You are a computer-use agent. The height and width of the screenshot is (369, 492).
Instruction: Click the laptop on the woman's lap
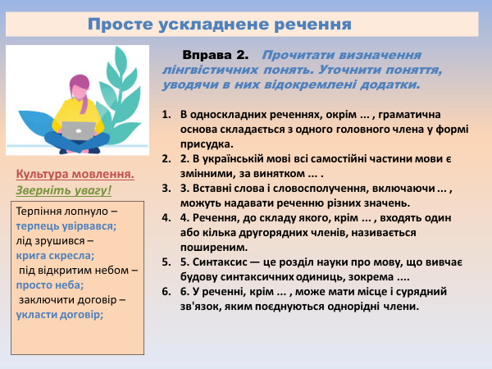pyautogui.click(x=79, y=130)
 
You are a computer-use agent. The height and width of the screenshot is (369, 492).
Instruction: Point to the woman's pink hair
pyautogui.click(x=80, y=87)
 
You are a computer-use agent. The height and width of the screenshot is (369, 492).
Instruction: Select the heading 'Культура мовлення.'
pyautogui.click(x=75, y=175)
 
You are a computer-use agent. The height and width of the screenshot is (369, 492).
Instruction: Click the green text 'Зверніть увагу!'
pyautogui.click(x=63, y=191)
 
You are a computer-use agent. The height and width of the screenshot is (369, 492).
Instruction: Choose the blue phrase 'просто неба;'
pyautogui.click(x=50, y=285)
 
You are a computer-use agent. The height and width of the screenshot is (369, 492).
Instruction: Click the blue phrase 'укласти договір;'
pyautogui.click(x=60, y=314)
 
